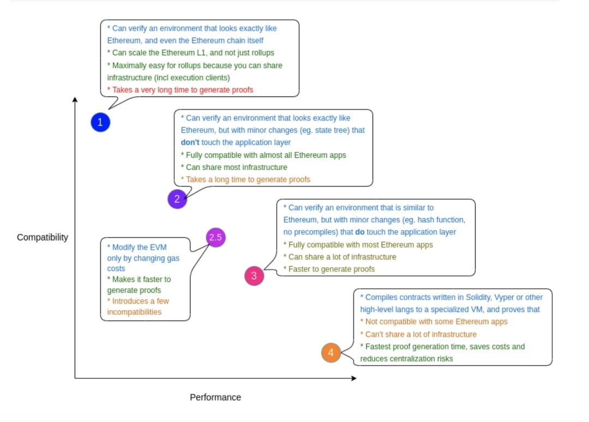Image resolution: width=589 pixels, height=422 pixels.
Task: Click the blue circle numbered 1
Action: [100, 123]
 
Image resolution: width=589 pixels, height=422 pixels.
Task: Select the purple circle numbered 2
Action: [177, 199]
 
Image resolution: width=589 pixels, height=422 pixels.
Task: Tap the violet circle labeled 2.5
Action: [215, 237]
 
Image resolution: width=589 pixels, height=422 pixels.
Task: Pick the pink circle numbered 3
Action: [254, 276]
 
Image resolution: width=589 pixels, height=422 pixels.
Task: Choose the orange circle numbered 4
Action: [331, 353]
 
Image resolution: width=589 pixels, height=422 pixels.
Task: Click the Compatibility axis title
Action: [43, 237]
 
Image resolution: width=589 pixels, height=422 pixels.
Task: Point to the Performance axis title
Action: [215, 397]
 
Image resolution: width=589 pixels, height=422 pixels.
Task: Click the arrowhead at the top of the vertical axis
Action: [75, 100]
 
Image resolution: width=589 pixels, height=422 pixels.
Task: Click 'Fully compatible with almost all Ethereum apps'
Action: [264, 155]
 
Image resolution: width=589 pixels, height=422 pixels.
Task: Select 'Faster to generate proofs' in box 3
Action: [329, 269]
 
